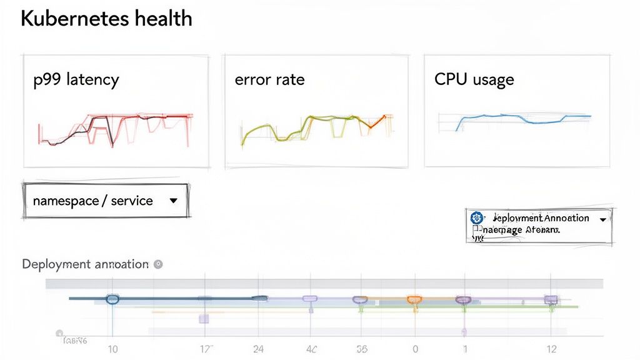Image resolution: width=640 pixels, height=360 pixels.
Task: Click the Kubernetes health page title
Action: pos(106,19)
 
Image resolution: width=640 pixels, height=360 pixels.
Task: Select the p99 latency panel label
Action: pos(76,80)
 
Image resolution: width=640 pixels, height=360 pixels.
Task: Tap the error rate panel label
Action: pos(269,80)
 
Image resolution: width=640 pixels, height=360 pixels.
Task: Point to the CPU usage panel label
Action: pos(474,80)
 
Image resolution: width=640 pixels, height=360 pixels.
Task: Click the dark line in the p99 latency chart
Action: pos(110,128)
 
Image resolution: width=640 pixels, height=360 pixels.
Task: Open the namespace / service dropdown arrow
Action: pos(174,201)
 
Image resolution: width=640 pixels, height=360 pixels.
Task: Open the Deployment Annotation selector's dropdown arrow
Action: pos(602,219)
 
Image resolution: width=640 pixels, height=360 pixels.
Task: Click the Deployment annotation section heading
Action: pos(85,264)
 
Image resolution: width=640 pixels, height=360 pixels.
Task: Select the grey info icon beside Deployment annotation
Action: pos(158,264)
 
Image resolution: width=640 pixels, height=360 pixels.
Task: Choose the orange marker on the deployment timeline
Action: pos(414,300)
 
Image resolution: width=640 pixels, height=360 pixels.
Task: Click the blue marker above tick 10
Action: pos(112,299)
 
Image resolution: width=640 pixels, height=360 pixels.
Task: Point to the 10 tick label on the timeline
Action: pos(112,349)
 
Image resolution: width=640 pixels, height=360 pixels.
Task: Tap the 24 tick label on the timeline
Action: pos(258,349)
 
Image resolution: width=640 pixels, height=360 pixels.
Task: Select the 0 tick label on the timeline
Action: pos(414,349)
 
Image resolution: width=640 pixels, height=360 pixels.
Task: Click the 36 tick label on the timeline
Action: pos(361,349)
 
